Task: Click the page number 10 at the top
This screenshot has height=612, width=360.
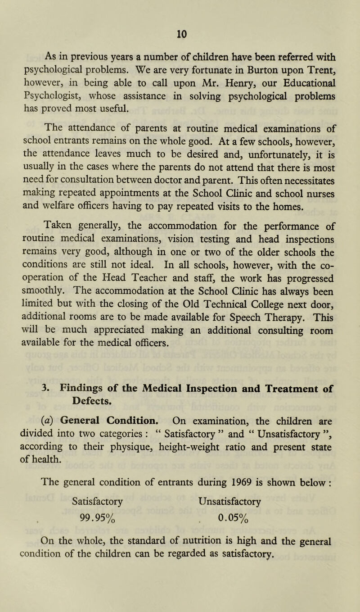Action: tap(180, 7)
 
